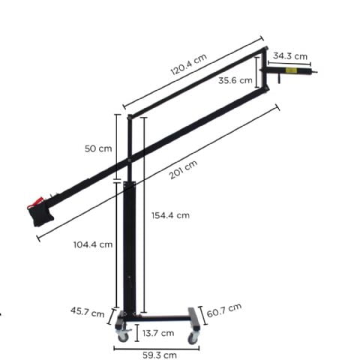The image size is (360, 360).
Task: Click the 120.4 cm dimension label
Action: (189, 64)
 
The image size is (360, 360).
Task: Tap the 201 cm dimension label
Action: (183, 169)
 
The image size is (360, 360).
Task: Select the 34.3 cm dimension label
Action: (290, 56)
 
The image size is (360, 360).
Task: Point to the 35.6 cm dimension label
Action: (235, 80)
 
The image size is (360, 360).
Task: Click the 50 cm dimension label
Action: (98, 148)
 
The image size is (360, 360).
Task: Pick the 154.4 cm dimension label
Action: (171, 215)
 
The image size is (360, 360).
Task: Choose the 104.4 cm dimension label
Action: (93, 244)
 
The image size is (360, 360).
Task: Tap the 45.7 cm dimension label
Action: (88, 312)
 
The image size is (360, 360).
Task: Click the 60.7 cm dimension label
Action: (224, 310)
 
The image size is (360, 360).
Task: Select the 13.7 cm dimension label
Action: (158, 333)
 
